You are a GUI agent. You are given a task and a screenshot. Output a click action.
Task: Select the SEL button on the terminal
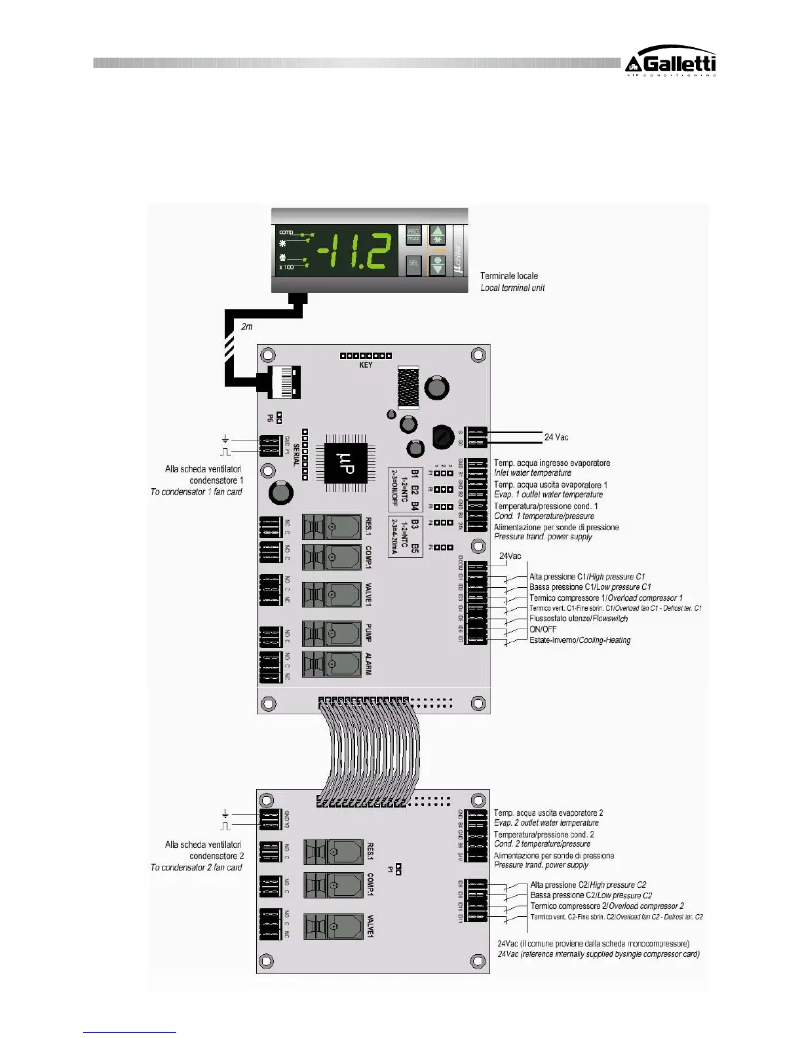[x=413, y=263]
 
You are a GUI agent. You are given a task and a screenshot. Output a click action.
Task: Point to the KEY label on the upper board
[x=366, y=365]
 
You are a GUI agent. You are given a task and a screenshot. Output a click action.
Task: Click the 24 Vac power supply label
[x=556, y=437]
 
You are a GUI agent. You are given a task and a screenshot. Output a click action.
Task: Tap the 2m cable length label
[x=246, y=326]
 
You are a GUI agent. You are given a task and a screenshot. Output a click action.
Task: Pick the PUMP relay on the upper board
[x=332, y=633]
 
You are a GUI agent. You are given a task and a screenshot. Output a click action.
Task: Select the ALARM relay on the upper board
[x=332, y=663]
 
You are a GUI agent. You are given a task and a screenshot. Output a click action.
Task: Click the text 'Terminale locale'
[x=509, y=276]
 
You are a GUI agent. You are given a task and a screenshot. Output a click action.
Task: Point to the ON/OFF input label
[x=543, y=629]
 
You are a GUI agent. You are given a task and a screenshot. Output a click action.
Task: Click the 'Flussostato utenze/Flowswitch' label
[x=578, y=619]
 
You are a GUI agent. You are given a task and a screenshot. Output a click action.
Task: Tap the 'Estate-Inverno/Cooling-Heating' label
[x=579, y=640]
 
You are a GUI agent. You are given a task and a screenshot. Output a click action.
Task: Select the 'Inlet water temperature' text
[x=532, y=472]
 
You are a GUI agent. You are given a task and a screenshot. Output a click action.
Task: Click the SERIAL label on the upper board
[x=296, y=455]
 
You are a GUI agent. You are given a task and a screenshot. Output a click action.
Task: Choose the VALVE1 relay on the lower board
[x=334, y=926]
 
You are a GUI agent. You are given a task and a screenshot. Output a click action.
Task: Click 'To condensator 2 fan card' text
[x=196, y=868]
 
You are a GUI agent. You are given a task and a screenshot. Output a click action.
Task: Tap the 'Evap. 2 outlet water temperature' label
[x=546, y=823]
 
